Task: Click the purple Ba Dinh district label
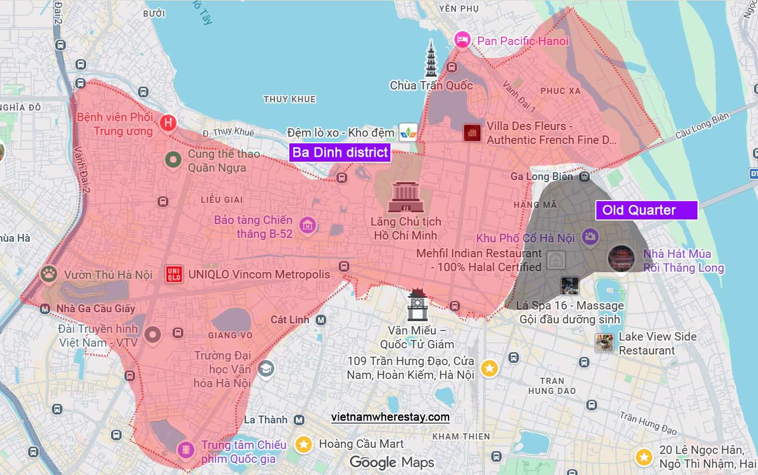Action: coord(340,153)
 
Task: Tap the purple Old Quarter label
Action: coord(646,210)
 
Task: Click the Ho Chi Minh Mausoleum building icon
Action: coord(406,197)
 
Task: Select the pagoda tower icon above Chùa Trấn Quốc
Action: coord(431,58)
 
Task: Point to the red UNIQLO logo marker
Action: coord(174,274)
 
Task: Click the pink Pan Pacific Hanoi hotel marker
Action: coord(462,40)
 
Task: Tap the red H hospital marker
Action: coord(168,123)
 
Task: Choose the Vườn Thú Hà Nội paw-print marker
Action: coord(49,274)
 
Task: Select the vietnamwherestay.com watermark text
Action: coord(390,417)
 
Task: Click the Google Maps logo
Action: coord(391,462)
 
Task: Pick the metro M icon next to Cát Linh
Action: coord(320,320)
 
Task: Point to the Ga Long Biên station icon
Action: coord(584,177)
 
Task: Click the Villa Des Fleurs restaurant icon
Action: coord(471,133)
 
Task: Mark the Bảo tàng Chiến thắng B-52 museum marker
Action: coord(307,226)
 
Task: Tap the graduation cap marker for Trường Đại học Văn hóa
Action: coord(266,368)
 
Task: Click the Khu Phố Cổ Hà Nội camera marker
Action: coord(590,237)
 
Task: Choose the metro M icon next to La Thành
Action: coord(299,420)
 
